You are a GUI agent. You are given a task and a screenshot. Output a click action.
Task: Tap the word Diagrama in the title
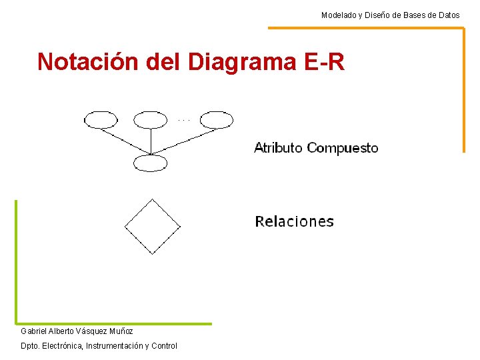pos(242,61)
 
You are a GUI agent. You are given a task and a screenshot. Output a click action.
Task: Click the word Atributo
pos(278,148)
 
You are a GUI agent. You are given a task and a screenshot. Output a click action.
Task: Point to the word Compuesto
pos(343,148)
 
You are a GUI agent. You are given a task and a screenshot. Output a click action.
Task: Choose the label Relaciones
pos(294,221)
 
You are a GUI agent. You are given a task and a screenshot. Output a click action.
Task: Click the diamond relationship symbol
pos(153,226)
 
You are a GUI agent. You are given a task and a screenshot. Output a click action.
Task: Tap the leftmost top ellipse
pos(101,120)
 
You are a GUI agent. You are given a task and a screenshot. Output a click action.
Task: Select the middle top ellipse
pos(151,120)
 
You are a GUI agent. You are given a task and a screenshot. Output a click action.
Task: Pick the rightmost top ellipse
pos(217,120)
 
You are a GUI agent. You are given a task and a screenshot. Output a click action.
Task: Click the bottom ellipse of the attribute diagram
pos(150,162)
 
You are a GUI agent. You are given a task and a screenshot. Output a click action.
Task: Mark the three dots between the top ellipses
pos(185,120)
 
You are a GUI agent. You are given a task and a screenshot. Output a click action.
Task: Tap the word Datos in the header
pos(449,15)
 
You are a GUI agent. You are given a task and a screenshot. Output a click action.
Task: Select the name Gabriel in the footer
pos(34,331)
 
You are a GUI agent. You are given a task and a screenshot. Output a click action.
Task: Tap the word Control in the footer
pos(164,346)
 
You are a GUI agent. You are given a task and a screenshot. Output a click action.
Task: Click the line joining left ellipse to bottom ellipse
pos(125,141)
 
